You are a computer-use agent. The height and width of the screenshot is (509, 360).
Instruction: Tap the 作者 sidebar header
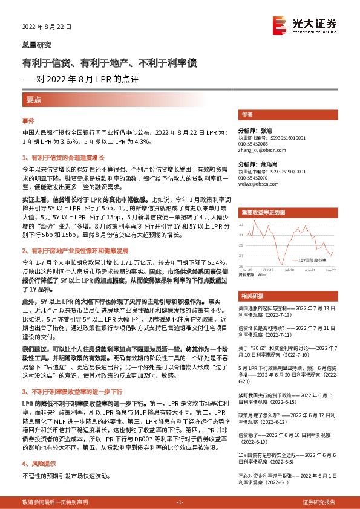tap(247, 114)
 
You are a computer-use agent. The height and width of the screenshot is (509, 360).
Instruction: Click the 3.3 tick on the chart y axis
tap(241, 224)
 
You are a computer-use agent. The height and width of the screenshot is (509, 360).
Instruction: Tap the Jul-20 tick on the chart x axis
tap(290, 270)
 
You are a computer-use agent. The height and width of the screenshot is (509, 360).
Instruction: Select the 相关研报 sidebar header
tap(252, 296)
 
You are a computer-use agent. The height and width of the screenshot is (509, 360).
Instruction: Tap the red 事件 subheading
tap(28, 121)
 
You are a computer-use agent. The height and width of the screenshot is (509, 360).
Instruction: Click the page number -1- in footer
tap(179, 502)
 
